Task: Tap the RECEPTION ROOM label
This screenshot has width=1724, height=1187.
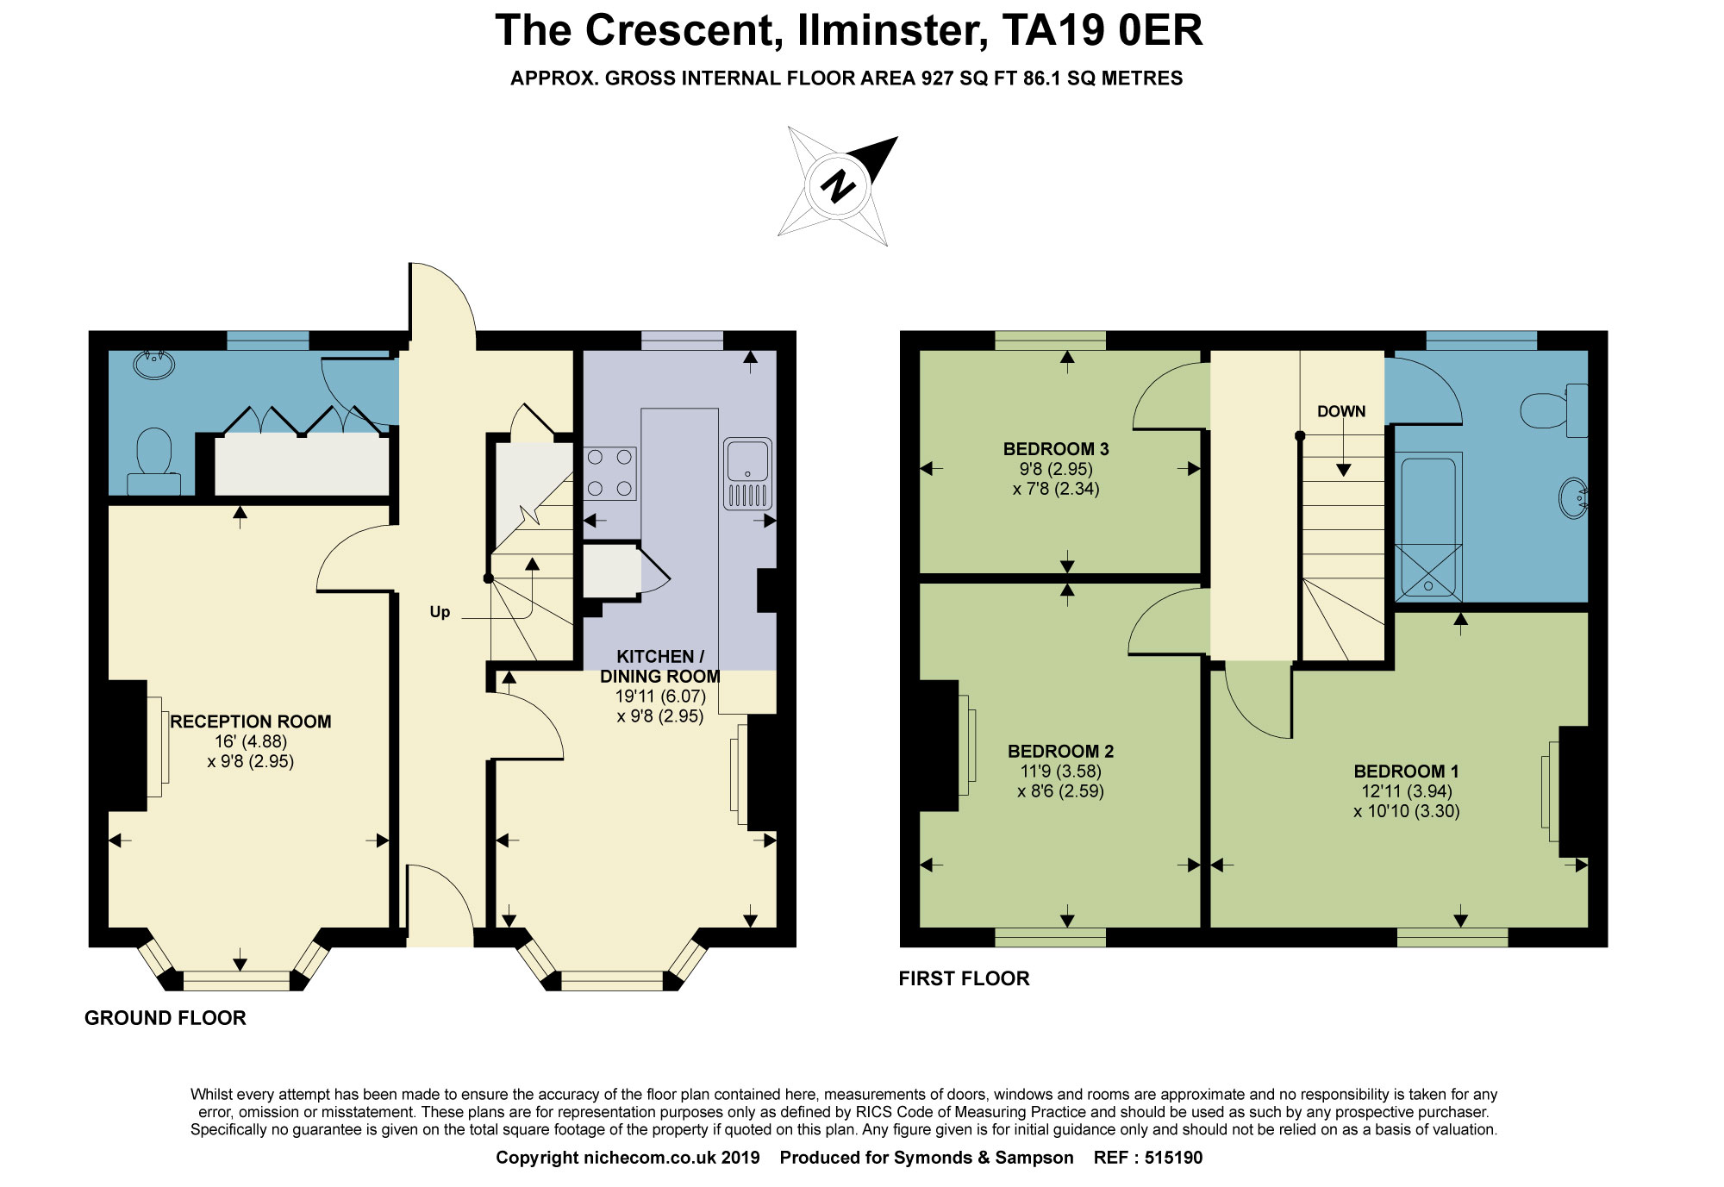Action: coord(250,722)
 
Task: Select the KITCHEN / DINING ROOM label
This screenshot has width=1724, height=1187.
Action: coord(660,666)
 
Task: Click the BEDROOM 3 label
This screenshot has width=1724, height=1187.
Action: coord(1056,449)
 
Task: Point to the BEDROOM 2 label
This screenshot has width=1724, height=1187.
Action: coord(1060,752)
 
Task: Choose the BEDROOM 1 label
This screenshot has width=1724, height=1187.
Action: coord(1406,772)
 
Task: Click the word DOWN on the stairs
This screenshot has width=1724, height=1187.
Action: coord(1341,412)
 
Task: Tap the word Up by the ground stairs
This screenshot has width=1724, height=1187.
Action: coord(440,612)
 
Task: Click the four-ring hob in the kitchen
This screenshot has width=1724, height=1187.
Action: coord(609,473)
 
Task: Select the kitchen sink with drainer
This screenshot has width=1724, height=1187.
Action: coord(747,474)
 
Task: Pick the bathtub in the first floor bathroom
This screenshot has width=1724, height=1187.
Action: coord(1428,526)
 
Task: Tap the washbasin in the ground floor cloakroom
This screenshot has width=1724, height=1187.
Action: coord(153,364)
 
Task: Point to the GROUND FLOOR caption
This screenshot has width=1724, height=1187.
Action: coord(166,1018)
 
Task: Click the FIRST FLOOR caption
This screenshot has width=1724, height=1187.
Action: coord(964,978)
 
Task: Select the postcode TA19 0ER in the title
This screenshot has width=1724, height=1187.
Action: coord(1102,31)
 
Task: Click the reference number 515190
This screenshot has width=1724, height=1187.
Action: coord(1173,1158)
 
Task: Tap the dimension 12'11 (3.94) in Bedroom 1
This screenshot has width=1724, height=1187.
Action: coord(1407,791)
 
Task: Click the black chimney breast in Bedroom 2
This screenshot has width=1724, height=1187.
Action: coord(939,746)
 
